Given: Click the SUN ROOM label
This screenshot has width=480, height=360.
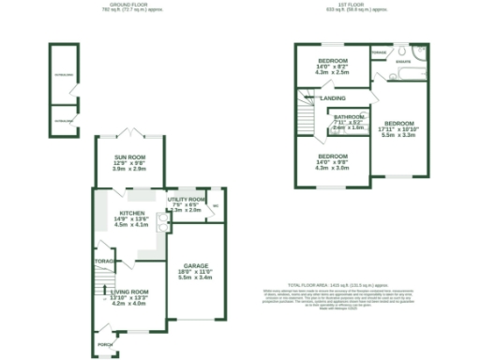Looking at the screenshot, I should click(x=128, y=157).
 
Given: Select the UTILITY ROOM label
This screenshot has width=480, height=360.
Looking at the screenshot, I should click(x=186, y=199).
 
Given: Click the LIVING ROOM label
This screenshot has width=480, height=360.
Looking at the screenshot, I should click(x=129, y=292).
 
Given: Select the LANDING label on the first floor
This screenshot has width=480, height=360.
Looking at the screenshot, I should click(x=332, y=98).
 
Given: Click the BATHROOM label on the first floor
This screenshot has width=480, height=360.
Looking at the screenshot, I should click(x=350, y=116).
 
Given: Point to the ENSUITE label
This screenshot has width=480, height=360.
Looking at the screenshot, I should click(x=403, y=62).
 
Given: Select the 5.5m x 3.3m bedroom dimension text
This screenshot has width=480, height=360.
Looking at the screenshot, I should click(x=398, y=136).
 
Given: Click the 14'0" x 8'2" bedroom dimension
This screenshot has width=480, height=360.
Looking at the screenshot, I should click(x=333, y=66).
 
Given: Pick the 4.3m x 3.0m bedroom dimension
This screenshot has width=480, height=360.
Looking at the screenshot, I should click(x=333, y=168).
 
